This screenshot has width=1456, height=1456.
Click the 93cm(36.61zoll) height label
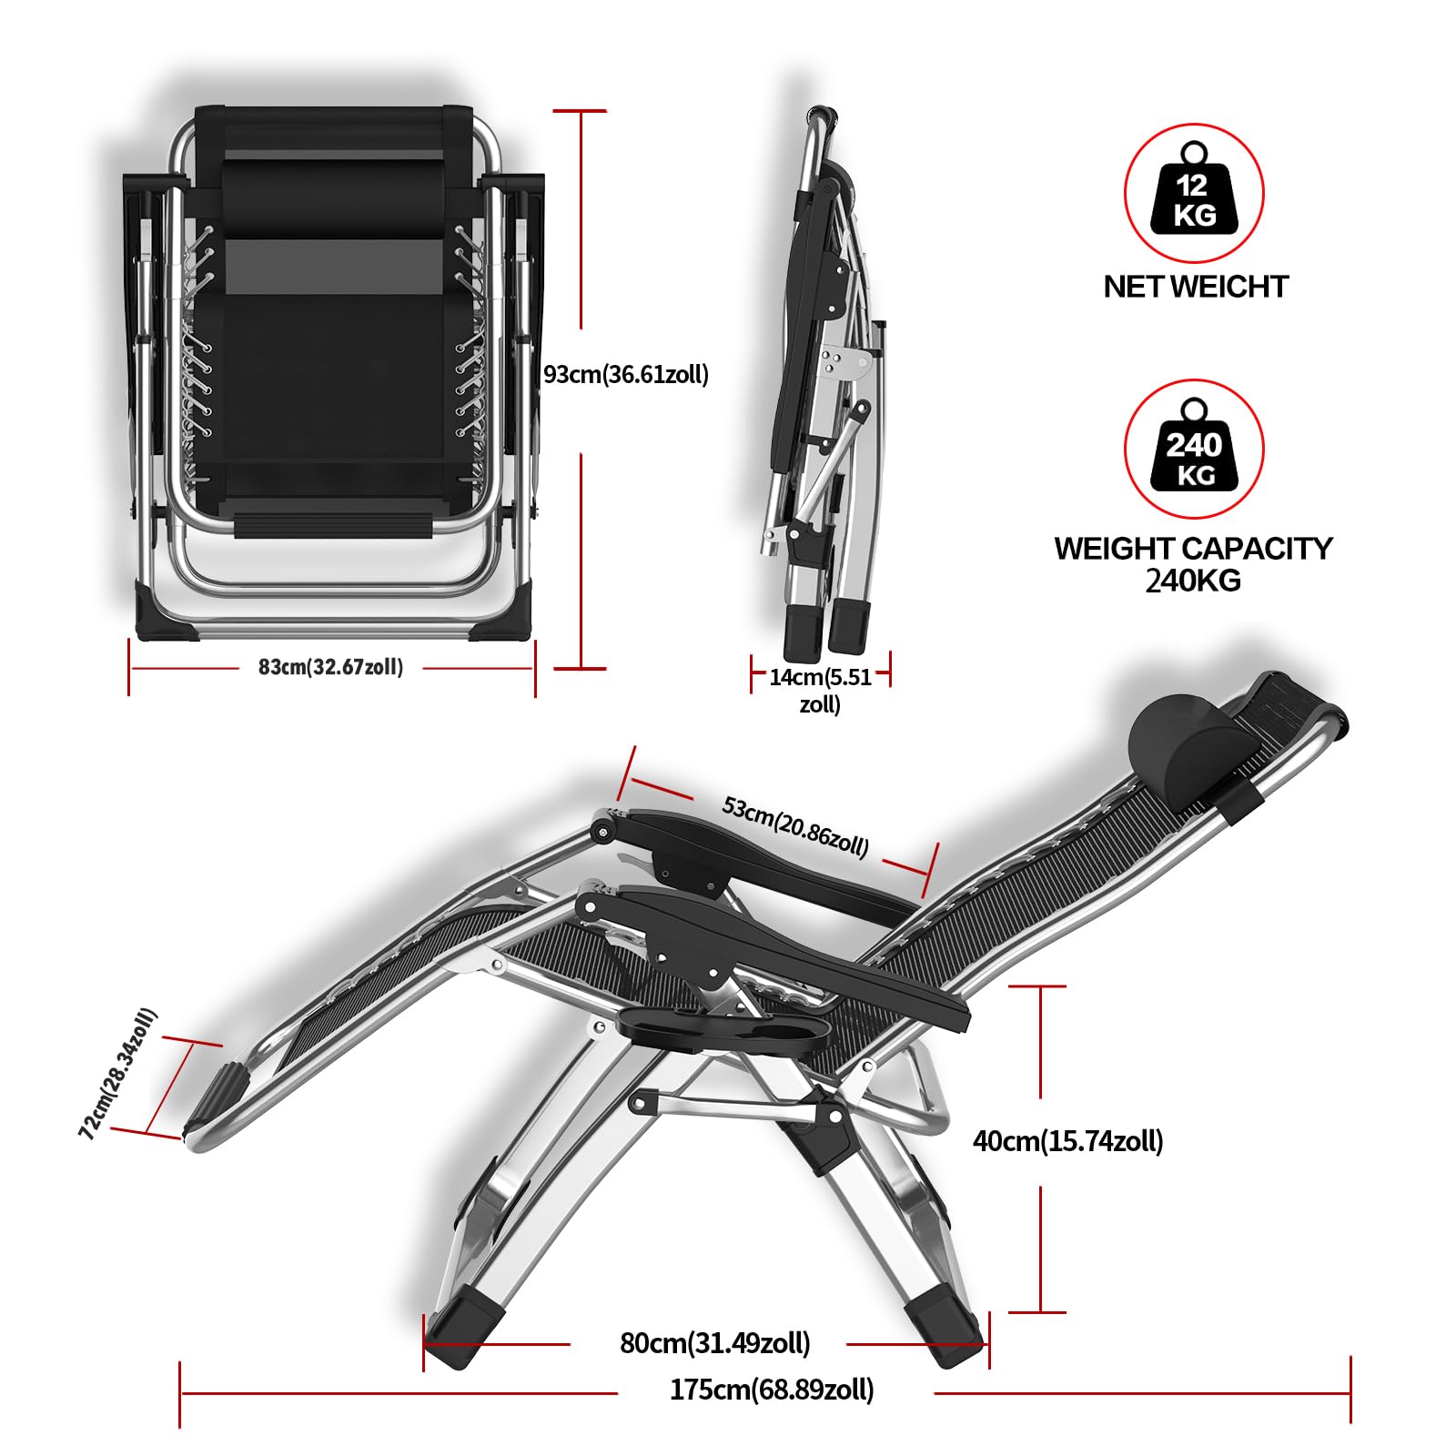point(626,375)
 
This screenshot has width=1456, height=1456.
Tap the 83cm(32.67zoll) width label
point(330,667)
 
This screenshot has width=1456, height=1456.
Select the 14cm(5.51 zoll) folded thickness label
point(820,691)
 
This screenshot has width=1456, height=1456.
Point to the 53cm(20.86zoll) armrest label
point(795,826)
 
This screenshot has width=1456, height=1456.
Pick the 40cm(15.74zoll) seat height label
point(1068,1141)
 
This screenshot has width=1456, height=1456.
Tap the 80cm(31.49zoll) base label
point(715,1343)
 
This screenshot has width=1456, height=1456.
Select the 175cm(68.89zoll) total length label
point(772,1390)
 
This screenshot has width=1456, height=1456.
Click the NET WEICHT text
point(1196,287)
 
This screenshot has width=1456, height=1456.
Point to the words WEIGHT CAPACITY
point(1193,549)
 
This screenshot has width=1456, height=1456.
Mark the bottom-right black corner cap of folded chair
point(500,612)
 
